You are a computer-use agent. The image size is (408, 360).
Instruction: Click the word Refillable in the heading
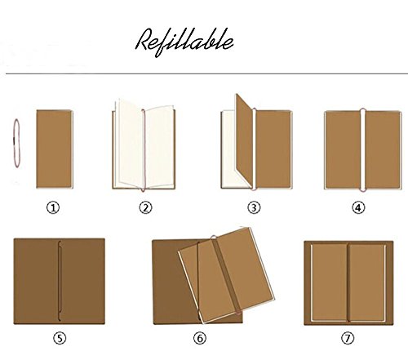184,42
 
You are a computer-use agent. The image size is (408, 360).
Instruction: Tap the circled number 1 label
53,208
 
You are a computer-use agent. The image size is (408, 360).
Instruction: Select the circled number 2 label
146,208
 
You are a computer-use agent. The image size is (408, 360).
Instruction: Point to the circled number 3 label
254,208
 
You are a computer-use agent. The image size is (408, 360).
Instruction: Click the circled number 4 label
358,208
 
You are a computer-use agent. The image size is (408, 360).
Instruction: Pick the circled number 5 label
60,339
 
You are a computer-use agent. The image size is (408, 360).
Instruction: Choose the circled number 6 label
200,339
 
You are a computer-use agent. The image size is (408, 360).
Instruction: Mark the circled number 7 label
348,339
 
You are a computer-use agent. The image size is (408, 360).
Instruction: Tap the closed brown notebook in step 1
55,149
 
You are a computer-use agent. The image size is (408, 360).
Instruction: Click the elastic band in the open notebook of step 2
144,150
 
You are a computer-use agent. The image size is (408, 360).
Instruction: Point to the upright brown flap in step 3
244,140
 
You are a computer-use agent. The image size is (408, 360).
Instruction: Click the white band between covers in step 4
363,150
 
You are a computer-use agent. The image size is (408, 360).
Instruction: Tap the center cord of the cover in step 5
59,281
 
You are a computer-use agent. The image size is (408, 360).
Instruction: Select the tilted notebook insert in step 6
226,275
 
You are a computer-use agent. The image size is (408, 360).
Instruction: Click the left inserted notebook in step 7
329,282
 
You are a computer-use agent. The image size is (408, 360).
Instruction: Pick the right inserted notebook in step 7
367,282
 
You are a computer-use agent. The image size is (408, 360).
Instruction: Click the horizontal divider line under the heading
206,73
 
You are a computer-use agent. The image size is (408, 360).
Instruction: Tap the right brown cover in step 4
383,150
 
